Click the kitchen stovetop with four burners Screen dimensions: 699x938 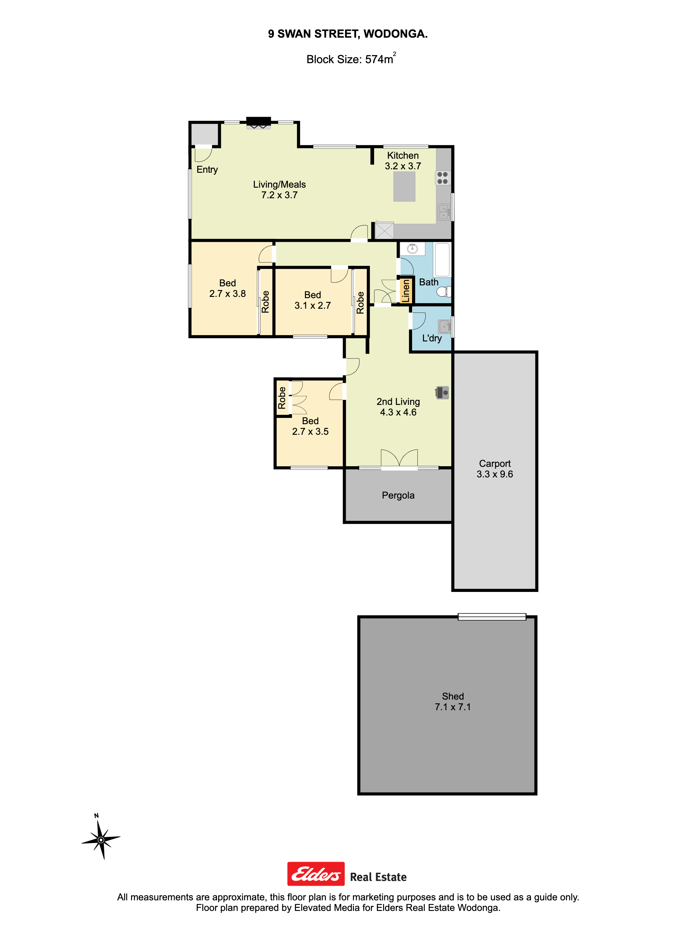point(442,178)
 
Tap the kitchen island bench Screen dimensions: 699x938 point(404,187)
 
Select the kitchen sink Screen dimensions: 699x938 point(443,212)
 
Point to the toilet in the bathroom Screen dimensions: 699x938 point(444,291)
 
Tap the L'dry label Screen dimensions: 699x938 point(432,338)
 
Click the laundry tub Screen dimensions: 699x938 point(444,327)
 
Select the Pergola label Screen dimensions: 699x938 point(398,495)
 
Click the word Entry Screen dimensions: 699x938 point(207,170)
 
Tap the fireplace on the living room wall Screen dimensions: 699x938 point(259,122)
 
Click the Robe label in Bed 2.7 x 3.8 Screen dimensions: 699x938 point(265,302)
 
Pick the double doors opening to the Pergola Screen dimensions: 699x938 point(399,459)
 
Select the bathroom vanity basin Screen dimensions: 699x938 point(412,249)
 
